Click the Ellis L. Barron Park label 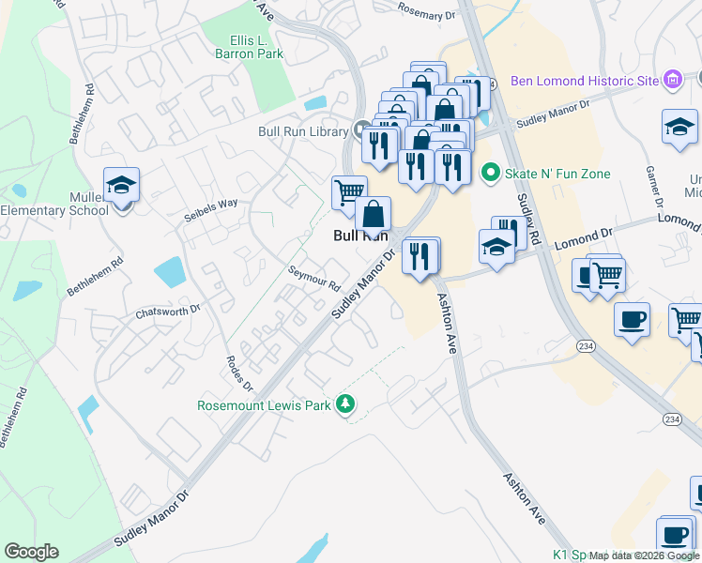(256, 47)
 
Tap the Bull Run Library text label (303, 131)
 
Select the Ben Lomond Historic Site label (585, 82)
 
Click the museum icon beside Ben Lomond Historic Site (671, 82)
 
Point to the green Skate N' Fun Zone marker (488, 173)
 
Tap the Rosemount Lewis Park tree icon (347, 404)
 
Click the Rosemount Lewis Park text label (265, 405)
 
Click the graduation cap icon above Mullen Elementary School (121, 185)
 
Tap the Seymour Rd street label (313, 280)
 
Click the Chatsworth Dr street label (168, 310)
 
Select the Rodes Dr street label (240, 373)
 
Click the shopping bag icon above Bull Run (374, 214)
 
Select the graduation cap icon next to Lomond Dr (496, 248)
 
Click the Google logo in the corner (31, 552)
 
